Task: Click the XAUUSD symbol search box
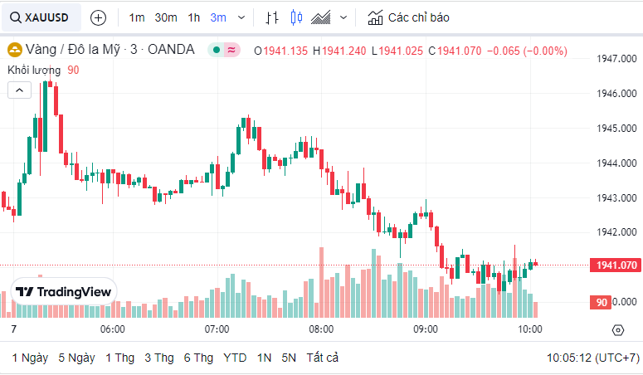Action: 41,17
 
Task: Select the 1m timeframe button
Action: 137,17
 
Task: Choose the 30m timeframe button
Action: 166,17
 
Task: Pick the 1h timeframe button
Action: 193,17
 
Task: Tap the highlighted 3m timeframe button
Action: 218,17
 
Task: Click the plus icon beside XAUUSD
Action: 98,17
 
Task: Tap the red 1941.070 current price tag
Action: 616,265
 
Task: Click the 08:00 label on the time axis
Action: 321,329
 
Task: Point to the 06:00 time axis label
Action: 112,329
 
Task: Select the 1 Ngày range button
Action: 30,358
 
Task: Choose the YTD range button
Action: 235,358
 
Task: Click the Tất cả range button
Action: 323,358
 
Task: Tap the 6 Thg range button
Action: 198,358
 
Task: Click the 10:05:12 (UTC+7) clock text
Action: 592,358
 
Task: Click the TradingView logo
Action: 64,292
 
